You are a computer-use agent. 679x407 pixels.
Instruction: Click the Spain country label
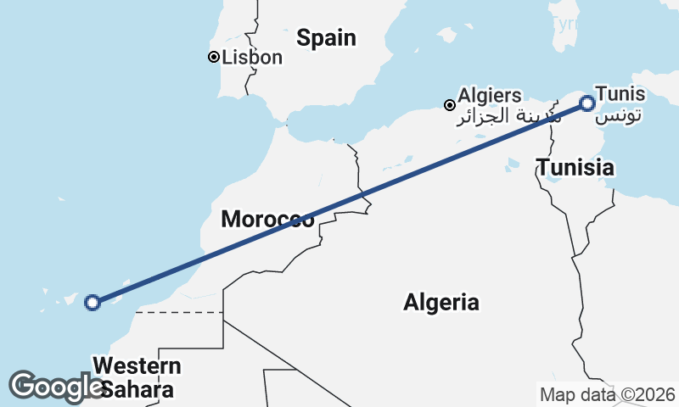326,38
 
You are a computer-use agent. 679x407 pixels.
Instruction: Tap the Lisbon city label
251,58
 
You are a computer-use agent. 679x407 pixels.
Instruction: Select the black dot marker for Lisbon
214,58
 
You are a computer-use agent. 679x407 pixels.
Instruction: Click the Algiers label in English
490,96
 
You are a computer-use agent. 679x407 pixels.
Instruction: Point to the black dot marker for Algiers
450,105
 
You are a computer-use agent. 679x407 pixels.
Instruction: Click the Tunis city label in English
620,94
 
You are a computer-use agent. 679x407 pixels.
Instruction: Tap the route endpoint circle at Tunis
587,103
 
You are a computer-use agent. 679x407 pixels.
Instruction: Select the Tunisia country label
575,168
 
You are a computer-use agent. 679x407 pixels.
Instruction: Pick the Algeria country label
441,302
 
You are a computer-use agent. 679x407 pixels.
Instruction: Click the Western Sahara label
137,378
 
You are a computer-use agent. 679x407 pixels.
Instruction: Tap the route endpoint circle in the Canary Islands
93,302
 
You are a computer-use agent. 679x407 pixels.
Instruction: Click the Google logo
55,387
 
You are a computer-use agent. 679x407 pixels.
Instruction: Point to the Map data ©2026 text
607,394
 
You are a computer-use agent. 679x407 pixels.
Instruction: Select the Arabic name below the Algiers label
488,116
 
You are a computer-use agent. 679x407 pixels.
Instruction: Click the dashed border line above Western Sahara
178,312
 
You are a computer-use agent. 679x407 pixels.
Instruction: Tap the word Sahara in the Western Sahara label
137,390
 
